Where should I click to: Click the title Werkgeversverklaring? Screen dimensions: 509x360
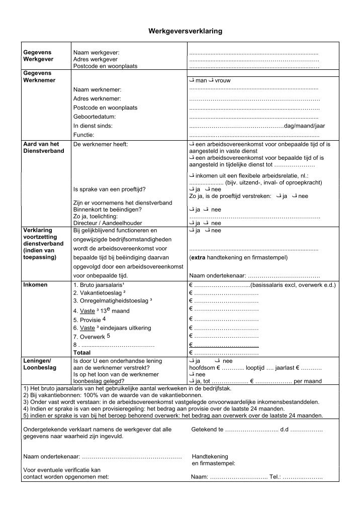tap(185, 31)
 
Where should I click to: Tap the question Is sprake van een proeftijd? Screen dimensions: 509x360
tap(110, 189)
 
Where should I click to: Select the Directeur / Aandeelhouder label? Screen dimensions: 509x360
tap(108, 223)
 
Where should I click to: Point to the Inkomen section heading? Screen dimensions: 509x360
tap(36, 285)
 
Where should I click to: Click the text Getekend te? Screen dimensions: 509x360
tap(207, 430)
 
